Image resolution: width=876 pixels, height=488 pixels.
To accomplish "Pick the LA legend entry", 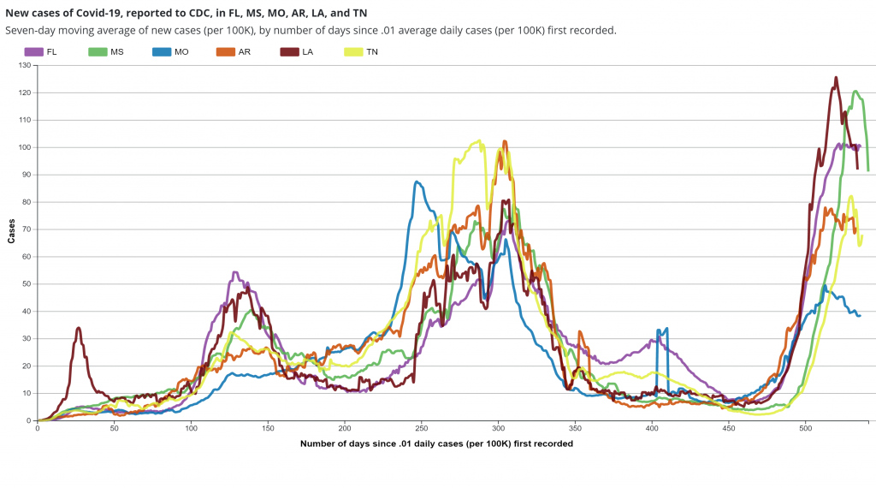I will (x=299, y=52).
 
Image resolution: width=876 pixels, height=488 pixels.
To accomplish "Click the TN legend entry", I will (x=364, y=52).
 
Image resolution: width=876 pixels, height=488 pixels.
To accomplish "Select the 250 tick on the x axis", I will (x=421, y=428).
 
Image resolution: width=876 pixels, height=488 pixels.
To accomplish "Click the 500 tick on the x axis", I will (x=805, y=428).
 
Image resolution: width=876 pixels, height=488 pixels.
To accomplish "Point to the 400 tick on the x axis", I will (x=652, y=428).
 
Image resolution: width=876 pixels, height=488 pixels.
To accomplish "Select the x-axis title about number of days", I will (x=436, y=444).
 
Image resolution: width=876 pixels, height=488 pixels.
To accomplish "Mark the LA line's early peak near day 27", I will (x=79, y=328).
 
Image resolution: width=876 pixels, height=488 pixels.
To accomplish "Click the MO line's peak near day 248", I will (x=417, y=182).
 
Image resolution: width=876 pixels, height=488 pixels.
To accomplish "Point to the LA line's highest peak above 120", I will (x=836, y=78).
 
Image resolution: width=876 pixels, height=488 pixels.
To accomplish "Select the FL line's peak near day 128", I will (x=234, y=273).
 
